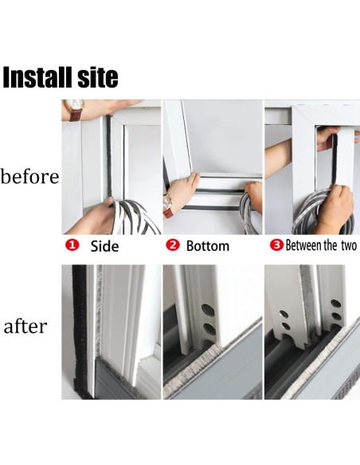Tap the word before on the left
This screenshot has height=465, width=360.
pyautogui.click(x=29, y=176)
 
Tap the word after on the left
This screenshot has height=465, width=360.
pyautogui.click(x=25, y=326)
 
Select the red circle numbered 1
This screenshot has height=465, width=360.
pyautogui.click(x=72, y=245)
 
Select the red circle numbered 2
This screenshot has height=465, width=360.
pyautogui.click(x=173, y=245)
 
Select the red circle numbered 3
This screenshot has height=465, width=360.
pyautogui.click(x=276, y=245)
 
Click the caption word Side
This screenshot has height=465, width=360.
pyautogui.click(x=104, y=246)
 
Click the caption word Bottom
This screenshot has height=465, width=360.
pyautogui.click(x=208, y=246)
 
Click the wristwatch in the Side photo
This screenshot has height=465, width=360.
pyautogui.click(x=74, y=110)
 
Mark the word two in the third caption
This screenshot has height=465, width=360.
pyautogui.click(x=349, y=246)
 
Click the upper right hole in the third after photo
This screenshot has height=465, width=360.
pyautogui.click(x=335, y=303)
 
